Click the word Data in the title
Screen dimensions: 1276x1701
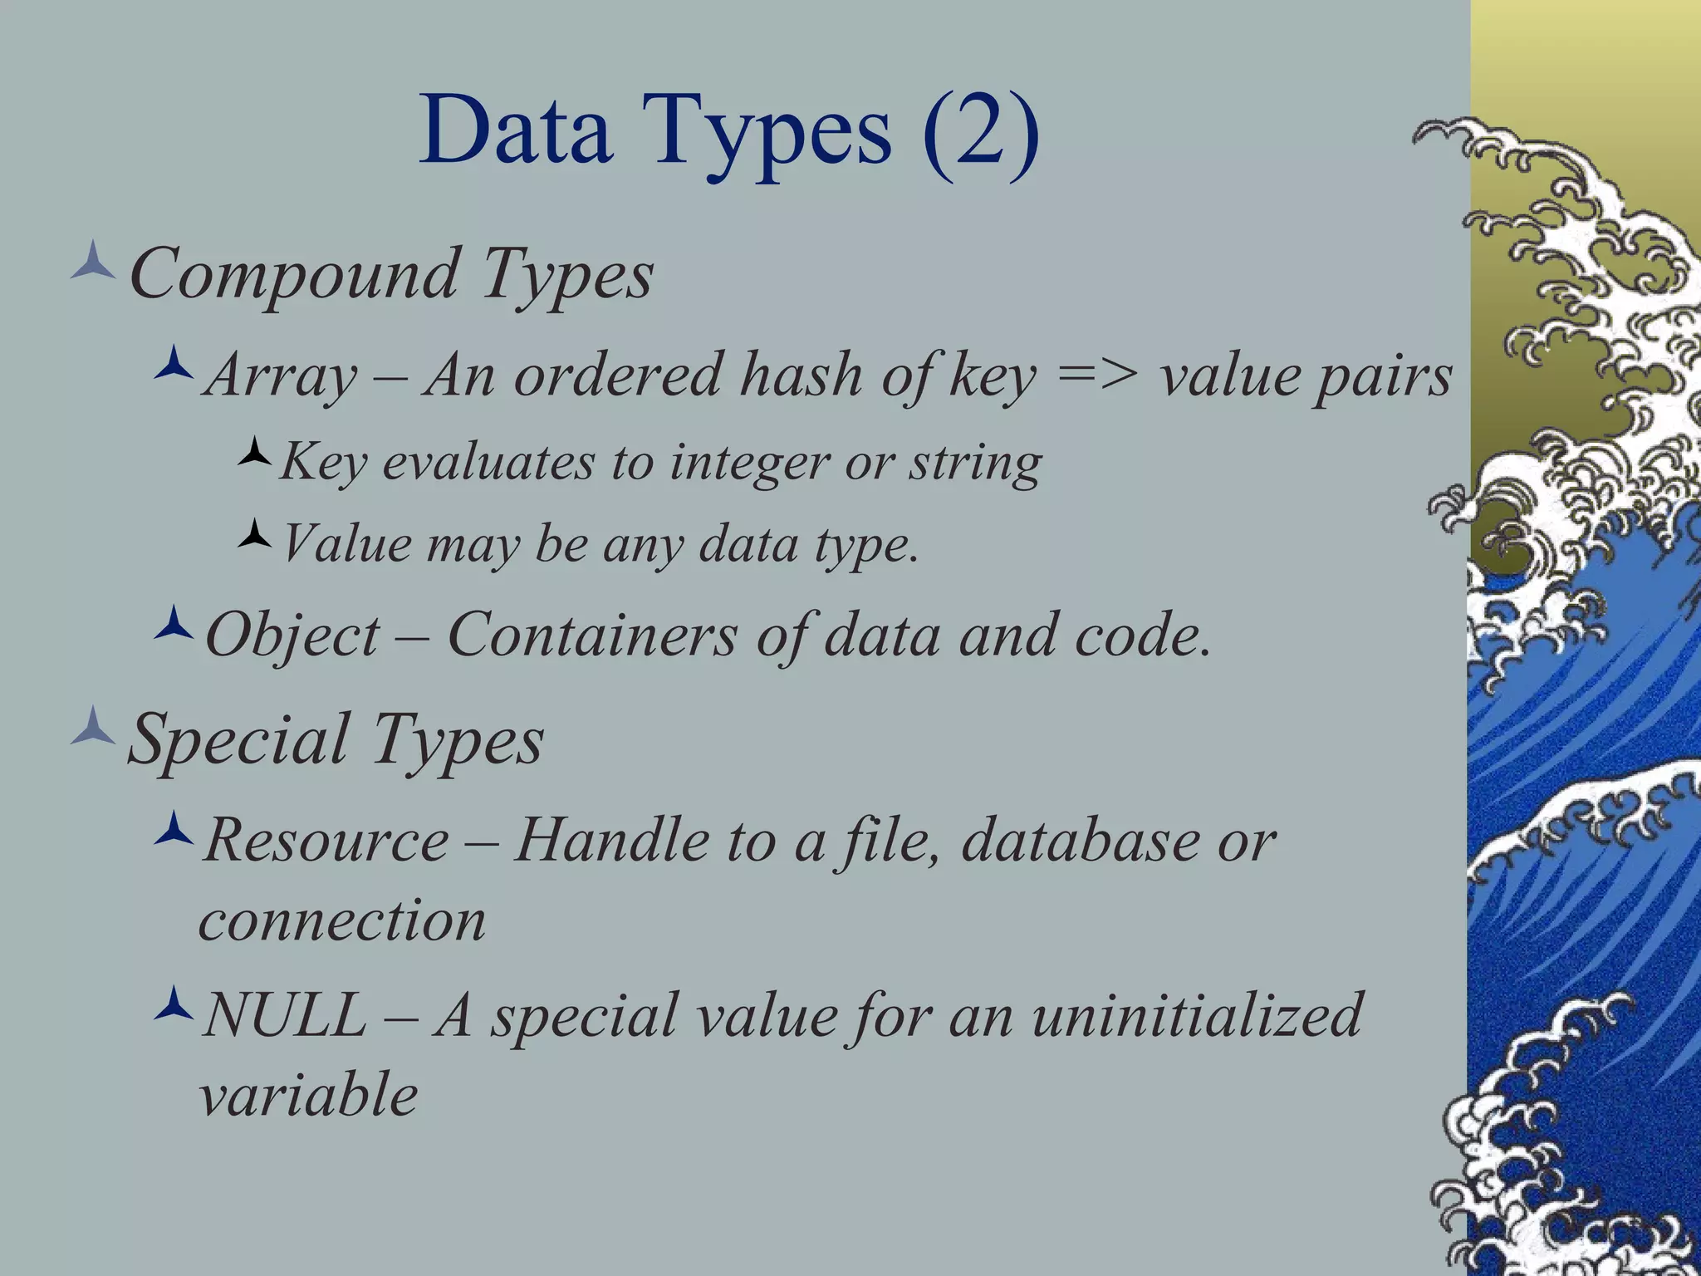pos(516,131)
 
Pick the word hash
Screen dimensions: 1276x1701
pos(801,375)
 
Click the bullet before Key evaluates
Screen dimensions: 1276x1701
pos(254,452)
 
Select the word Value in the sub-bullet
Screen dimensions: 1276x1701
pos(347,545)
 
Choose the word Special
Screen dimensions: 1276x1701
pos(239,741)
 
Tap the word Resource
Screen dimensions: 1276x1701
pos(326,841)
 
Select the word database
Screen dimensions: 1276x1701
pos(1080,840)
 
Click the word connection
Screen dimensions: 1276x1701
pos(342,921)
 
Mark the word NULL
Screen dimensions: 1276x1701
pos(285,1015)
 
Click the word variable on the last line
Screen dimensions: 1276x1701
pos(308,1096)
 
